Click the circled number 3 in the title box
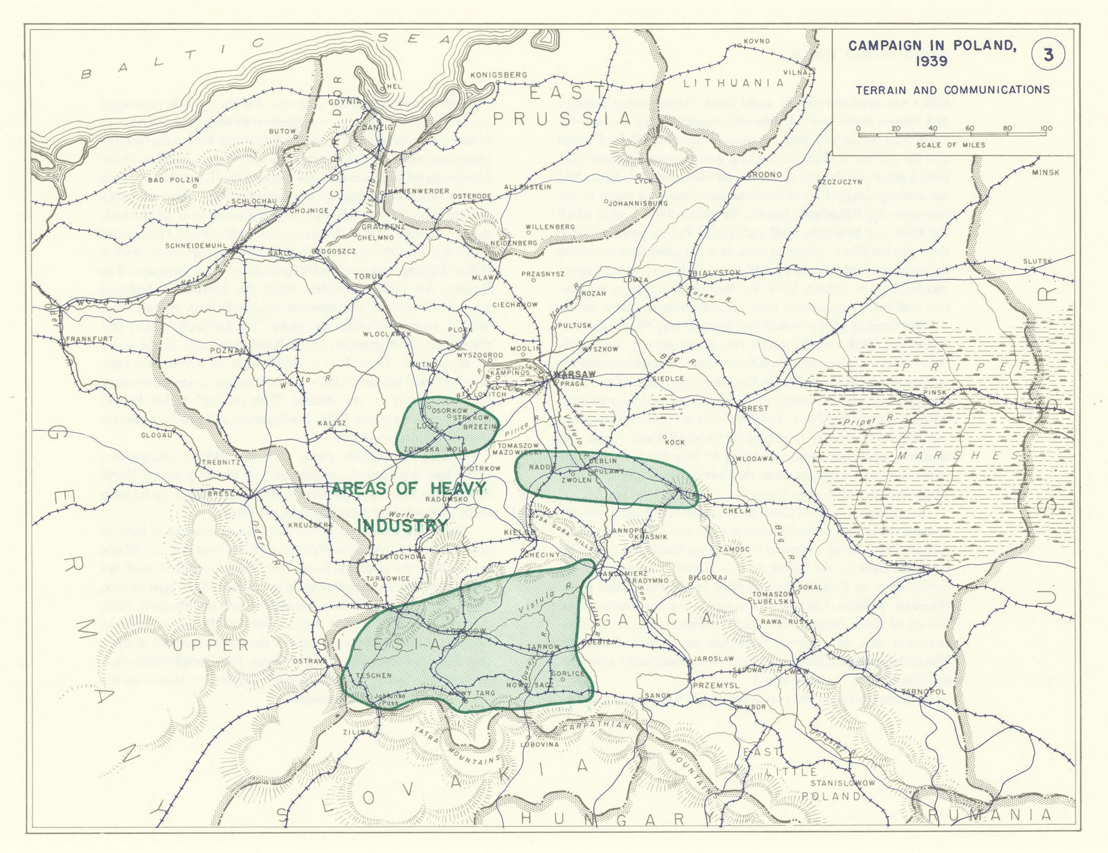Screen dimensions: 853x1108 1048,55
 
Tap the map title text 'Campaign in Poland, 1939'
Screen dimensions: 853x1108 932,53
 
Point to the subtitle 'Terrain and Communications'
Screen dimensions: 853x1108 952,90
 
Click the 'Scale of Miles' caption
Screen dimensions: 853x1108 950,145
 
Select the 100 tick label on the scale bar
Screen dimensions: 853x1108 1046,128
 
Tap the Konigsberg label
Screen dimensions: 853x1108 499,75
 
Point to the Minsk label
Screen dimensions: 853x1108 1045,172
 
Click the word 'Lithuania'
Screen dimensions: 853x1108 733,83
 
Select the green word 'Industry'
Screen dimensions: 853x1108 402,526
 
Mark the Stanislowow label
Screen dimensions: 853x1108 839,783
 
